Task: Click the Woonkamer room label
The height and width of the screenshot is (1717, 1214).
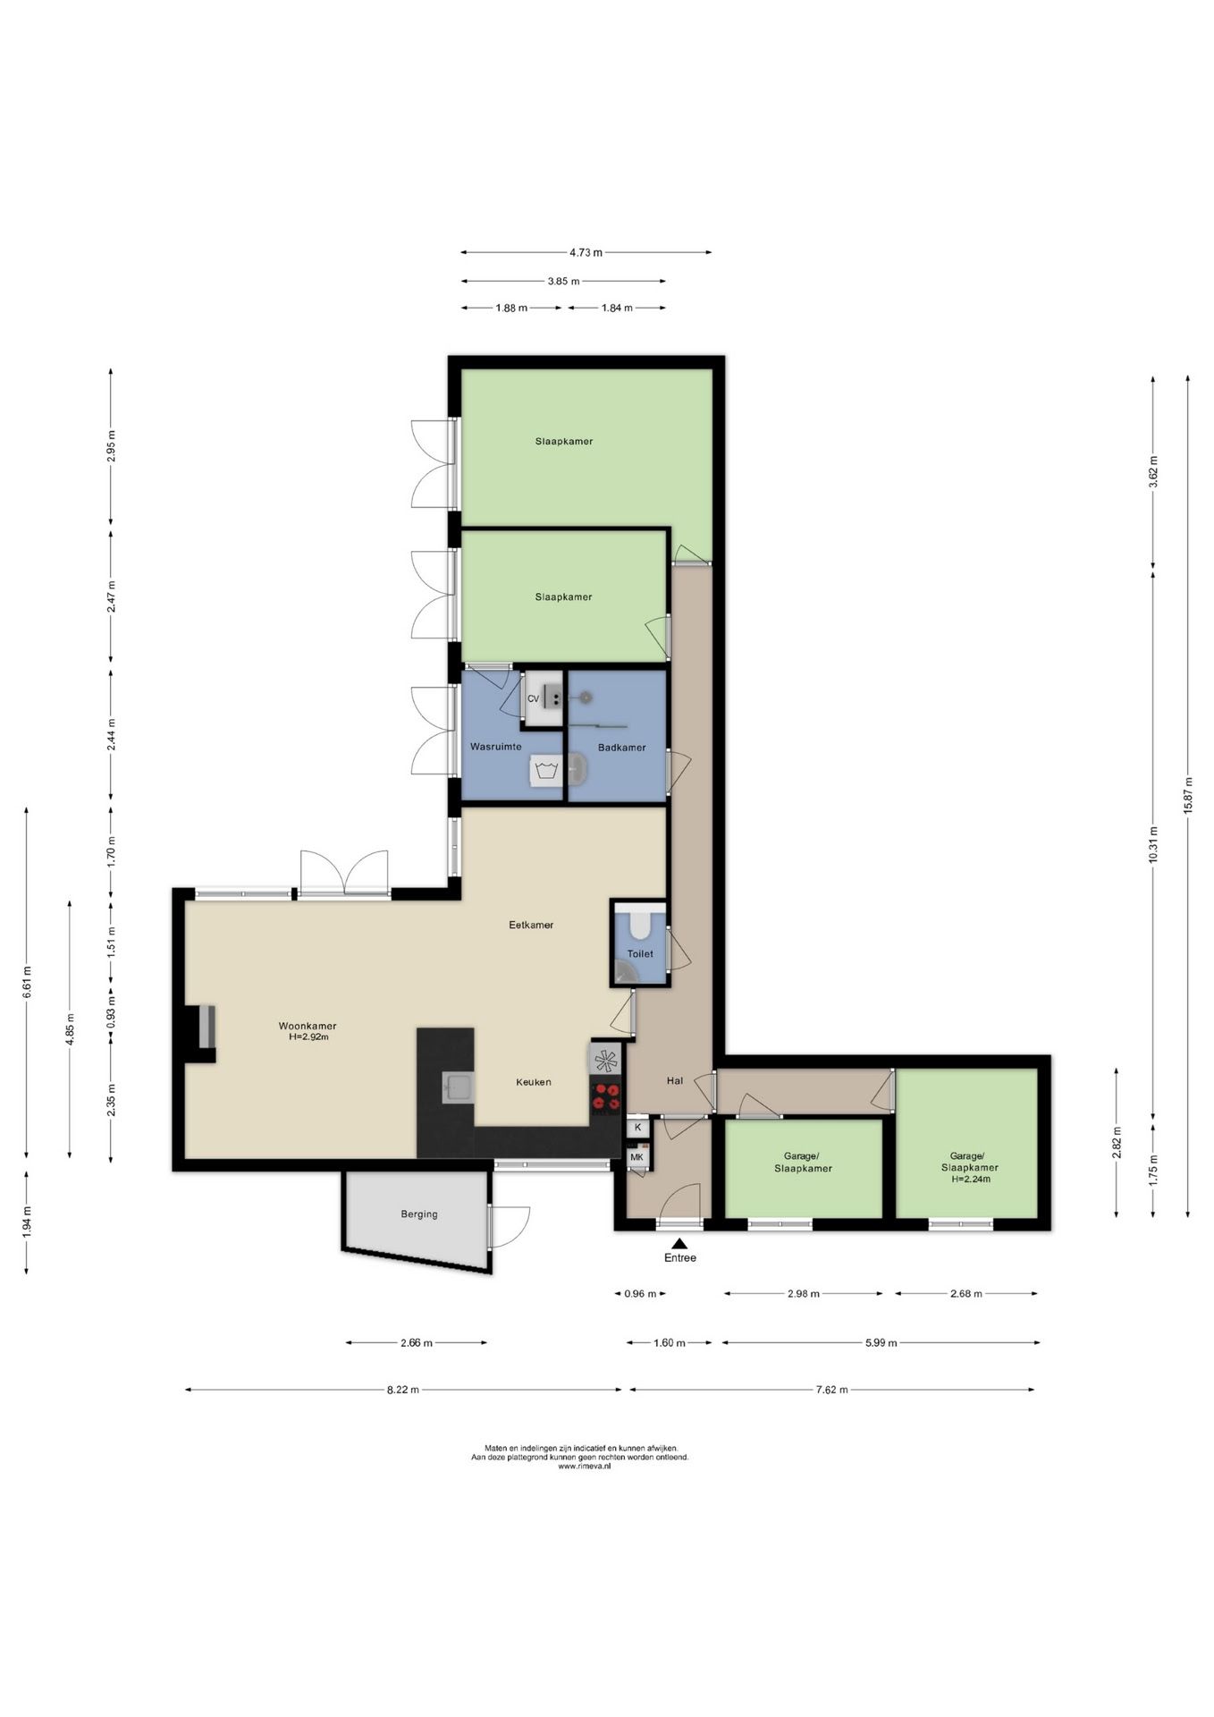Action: coord(307,1026)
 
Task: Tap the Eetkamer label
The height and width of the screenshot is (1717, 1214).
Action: coord(531,925)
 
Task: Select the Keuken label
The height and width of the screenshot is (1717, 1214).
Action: coord(533,1082)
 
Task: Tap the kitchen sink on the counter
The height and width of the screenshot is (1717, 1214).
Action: coord(459,1087)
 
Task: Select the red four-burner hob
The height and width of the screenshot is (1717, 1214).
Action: coord(606,1097)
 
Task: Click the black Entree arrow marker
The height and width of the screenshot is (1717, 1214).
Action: coord(679,1243)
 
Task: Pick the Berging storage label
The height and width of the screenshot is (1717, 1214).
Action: coord(419,1214)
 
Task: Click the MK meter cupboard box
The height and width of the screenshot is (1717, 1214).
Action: coord(637,1157)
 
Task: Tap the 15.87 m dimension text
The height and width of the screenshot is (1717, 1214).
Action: coord(1188,795)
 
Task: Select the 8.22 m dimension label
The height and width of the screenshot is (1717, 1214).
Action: coord(402,1390)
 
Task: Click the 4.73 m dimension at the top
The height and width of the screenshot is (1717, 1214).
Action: coord(586,252)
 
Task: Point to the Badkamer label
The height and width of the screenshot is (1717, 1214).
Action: coord(622,748)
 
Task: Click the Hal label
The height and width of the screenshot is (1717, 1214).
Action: coord(675,1080)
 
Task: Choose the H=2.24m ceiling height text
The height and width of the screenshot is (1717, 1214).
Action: coord(971,1179)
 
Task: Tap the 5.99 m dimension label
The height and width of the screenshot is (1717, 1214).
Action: coord(881,1342)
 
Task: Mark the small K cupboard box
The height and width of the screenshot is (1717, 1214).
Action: coord(637,1127)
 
